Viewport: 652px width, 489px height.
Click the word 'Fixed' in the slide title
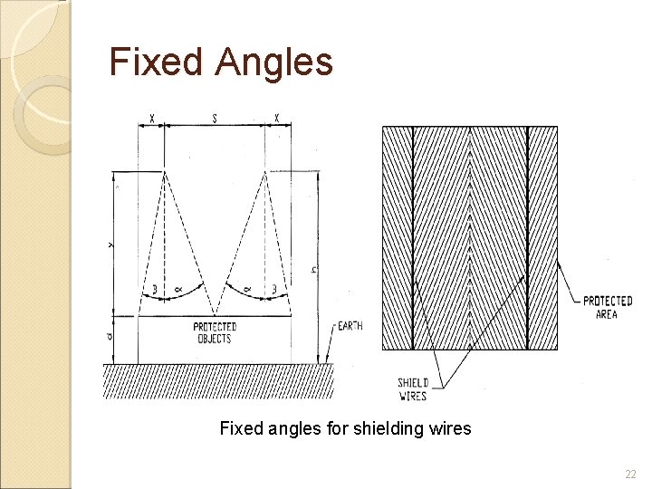coord(155,62)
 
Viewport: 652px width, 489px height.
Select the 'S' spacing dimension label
coord(215,118)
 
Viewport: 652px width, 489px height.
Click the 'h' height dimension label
coord(314,270)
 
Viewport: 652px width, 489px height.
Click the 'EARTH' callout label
coord(350,326)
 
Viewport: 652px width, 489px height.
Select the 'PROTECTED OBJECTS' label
coord(215,332)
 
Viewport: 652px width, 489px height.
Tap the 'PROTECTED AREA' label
coord(607,307)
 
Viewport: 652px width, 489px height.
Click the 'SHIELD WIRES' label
coord(412,389)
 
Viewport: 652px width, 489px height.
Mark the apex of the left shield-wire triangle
coord(164,172)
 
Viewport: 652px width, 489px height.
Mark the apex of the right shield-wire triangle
coord(264,172)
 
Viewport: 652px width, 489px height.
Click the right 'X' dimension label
coord(277,118)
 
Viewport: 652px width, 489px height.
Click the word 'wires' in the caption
coord(449,428)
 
